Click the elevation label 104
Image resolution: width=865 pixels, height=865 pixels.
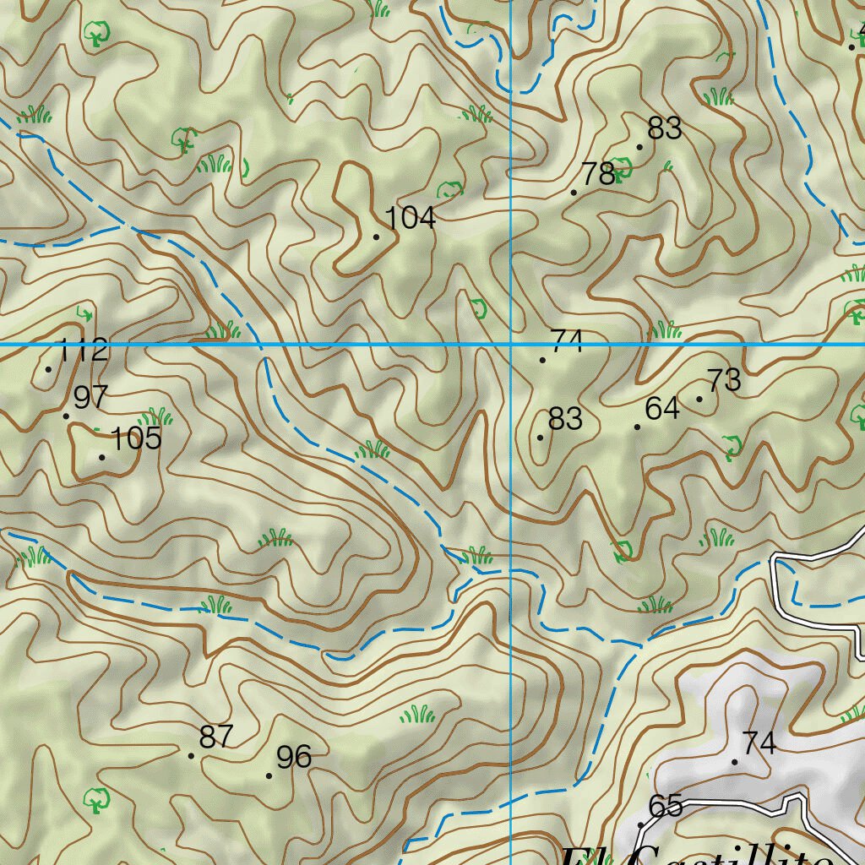tap(410, 218)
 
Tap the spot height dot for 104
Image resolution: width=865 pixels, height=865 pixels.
tap(376, 237)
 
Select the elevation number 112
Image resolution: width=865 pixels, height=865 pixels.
tap(83, 350)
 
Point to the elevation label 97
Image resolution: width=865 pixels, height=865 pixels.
tap(91, 396)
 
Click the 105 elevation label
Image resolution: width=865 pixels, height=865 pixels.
tap(136, 438)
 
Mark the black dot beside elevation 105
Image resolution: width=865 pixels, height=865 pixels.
tap(102, 457)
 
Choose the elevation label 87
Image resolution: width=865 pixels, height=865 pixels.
tap(215, 737)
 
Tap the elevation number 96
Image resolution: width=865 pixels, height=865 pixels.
tap(294, 757)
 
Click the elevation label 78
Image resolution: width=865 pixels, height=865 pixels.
tap(598, 174)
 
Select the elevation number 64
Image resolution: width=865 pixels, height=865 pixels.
tap(662, 409)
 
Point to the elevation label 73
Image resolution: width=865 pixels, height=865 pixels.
tap(724, 380)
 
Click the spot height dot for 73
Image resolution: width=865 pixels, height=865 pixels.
tap(699, 399)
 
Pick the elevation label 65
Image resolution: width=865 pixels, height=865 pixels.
tap(666, 806)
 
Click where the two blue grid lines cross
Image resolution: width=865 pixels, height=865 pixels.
tap(512, 345)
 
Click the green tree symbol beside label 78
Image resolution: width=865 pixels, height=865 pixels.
tap(623, 167)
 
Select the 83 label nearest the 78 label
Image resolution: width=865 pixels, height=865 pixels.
tap(664, 128)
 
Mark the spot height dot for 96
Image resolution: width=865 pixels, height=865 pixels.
tap(269, 775)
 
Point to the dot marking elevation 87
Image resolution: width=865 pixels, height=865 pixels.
tap(191, 755)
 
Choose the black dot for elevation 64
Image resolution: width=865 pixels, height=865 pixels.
tap(637, 427)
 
